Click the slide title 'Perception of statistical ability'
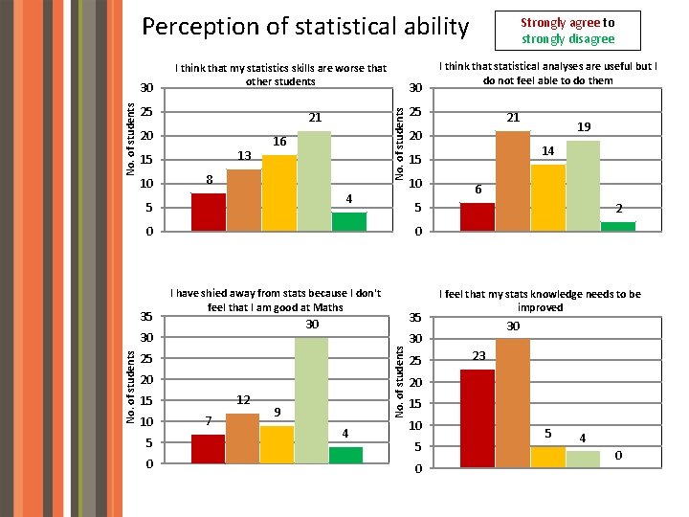point(305,27)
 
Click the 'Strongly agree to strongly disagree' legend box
point(567,31)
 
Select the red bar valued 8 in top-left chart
point(209,212)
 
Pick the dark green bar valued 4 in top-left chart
point(349,221)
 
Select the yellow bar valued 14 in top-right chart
point(548,197)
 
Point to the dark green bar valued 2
point(618,226)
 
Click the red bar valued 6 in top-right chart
point(478,216)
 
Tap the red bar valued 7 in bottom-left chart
point(209,449)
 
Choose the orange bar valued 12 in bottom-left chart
point(243,438)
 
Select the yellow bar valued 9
point(278,444)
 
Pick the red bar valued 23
point(478,418)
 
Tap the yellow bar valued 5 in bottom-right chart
point(548,457)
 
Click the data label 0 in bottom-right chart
point(618,455)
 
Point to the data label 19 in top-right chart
point(584,126)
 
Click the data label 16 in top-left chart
point(278,141)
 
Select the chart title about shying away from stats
point(275,300)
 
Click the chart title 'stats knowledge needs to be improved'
point(540,301)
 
